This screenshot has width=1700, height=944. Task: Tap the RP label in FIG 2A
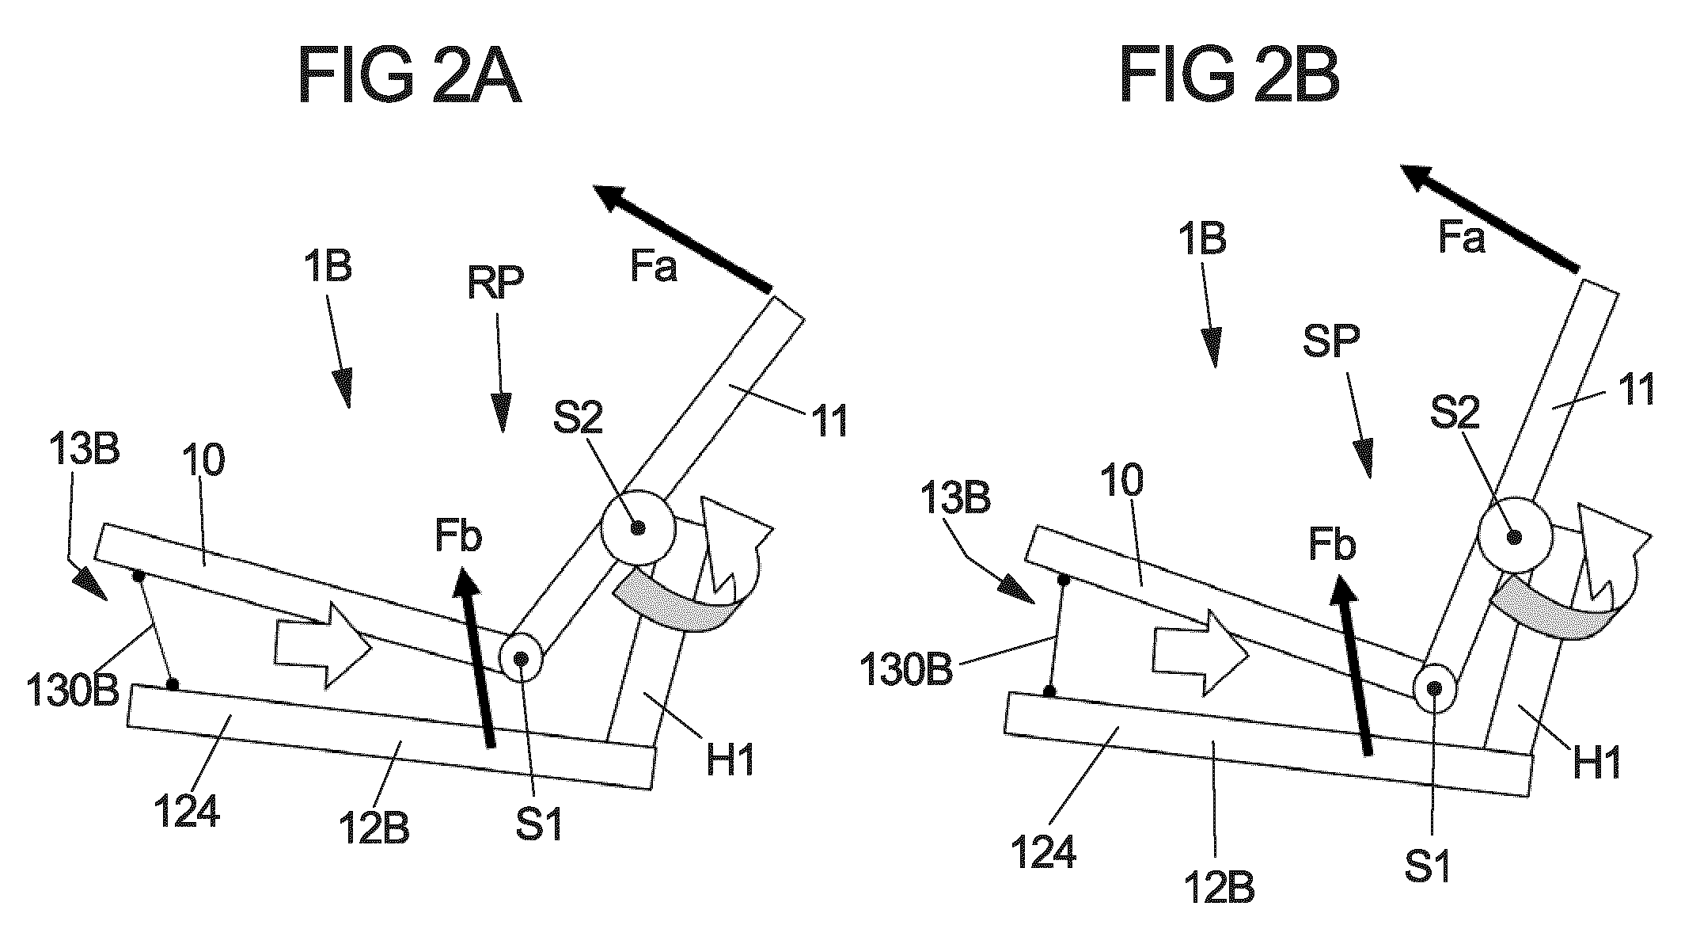pyautogui.click(x=496, y=283)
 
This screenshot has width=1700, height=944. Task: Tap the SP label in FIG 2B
pyautogui.click(x=1330, y=341)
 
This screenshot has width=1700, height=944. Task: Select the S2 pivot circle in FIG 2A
pyautogui.click(x=637, y=527)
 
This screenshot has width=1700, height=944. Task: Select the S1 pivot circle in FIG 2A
pyautogui.click(x=521, y=658)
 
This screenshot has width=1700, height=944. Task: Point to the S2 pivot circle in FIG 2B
pyautogui.click(x=1514, y=536)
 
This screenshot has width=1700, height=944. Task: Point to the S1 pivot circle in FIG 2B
pyautogui.click(x=1434, y=688)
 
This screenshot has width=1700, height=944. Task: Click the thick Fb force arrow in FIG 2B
pyautogui.click(x=1350, y=663)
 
